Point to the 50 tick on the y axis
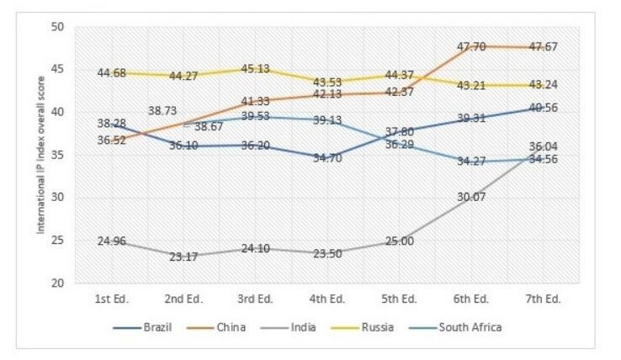(x=58, y=26)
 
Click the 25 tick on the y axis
(x=58, y=241)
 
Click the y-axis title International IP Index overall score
(x=39, y=156)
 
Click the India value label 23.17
(x=183, y=256)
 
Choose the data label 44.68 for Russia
(x=112, y=73)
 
